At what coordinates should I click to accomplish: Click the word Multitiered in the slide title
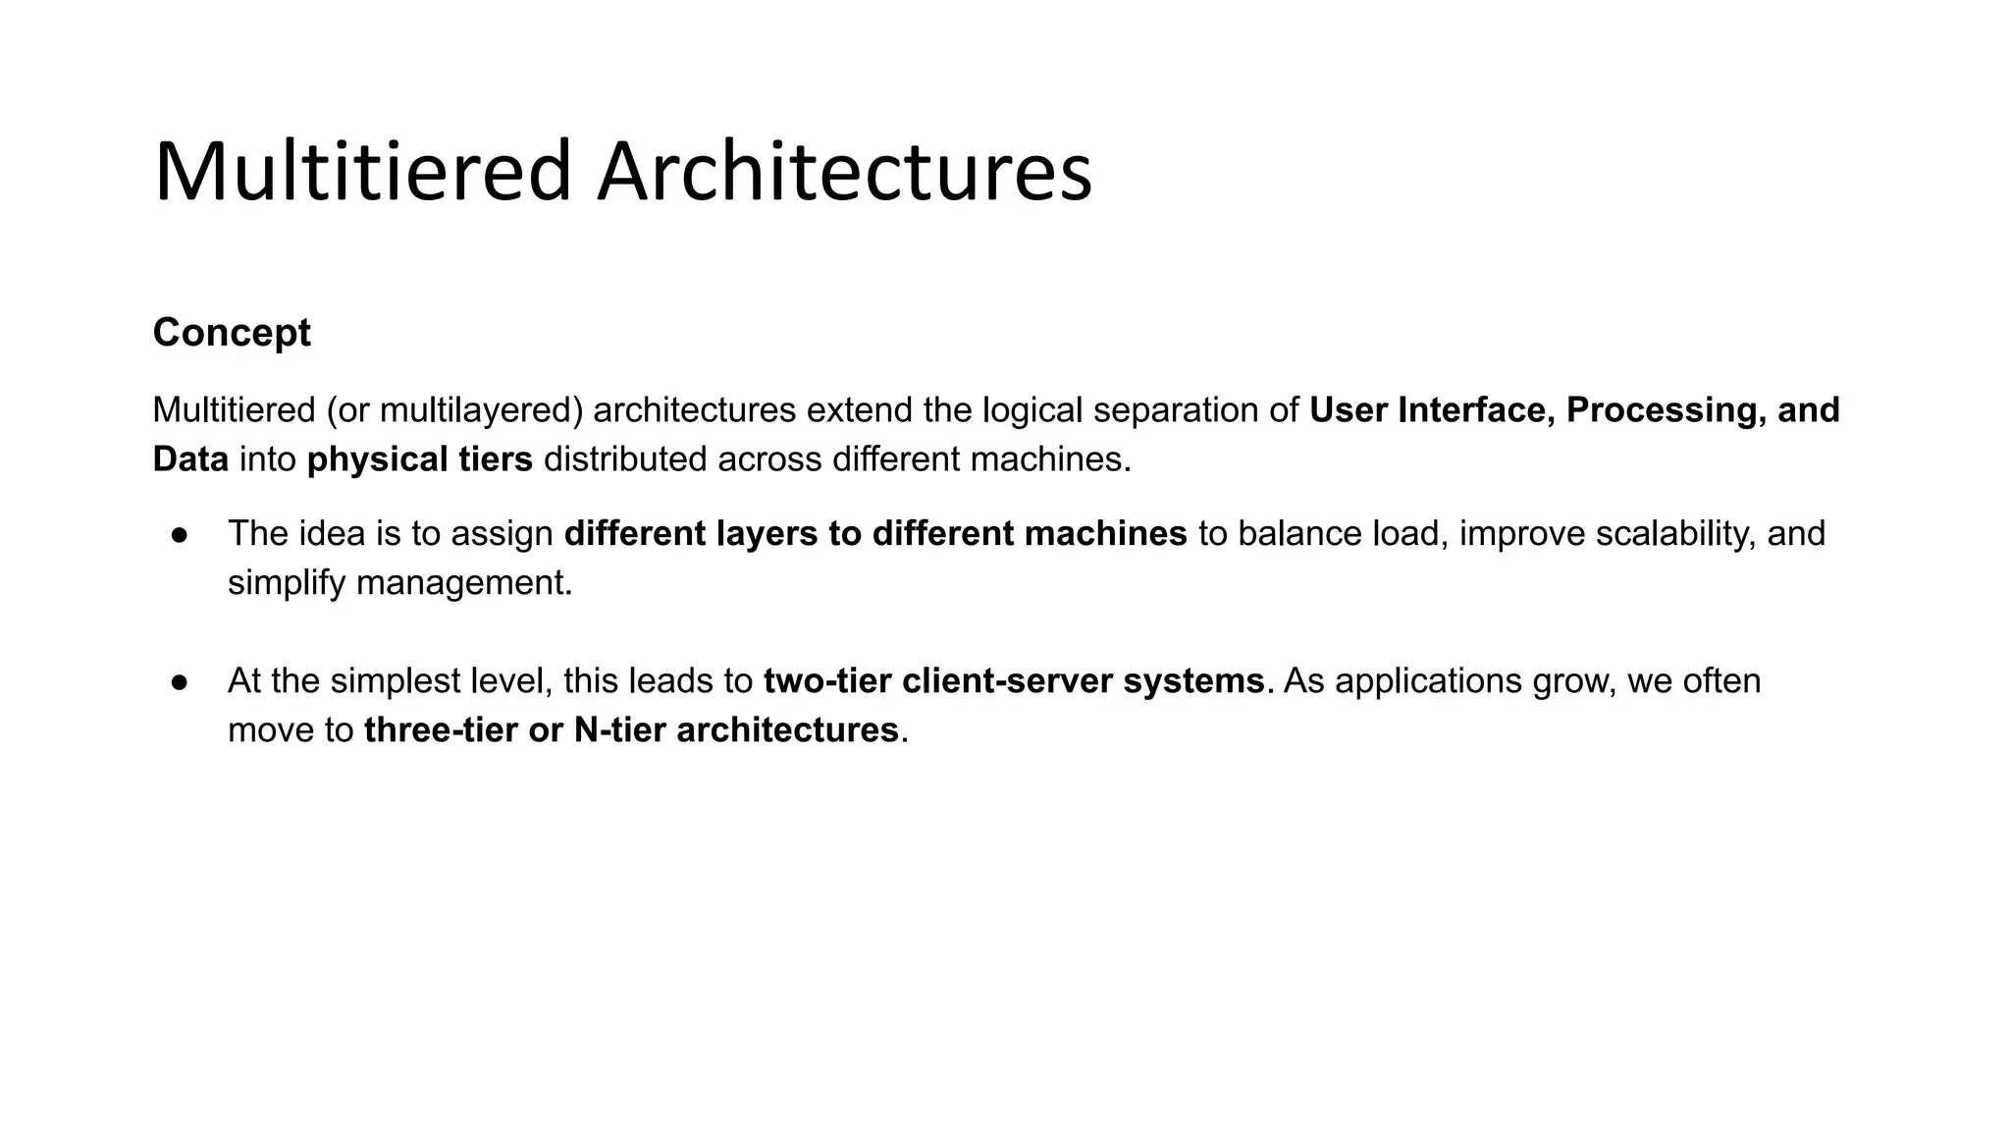tap(362, 172)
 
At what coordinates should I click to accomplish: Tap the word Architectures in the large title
tap(844, 172)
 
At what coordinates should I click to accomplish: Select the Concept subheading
tap(232, 333)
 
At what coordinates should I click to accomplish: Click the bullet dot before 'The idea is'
tap(180, 534)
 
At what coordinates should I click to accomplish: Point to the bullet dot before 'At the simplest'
tap(180, 681)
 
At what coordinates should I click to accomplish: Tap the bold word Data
tap(190, 459)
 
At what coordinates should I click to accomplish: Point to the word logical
tap(1032, 410)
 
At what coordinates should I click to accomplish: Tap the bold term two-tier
tap(827, 681)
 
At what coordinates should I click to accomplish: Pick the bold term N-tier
tap(619, 730)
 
